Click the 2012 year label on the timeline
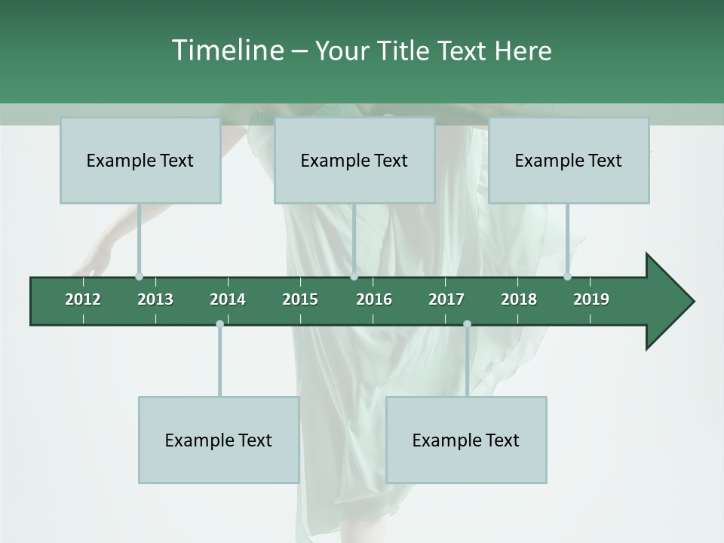click(83, 299)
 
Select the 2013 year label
click(155, 299)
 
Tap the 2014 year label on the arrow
click(228, 299)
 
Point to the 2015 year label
click(300, 299)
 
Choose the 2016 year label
click(374, 299)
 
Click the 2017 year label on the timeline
click(446, 299)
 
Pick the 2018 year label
click(519, 299)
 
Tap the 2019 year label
click(591, 299)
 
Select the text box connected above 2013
click(140, 160)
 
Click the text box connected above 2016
click(354, 160)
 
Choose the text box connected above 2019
click(569, 160)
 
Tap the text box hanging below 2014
click(219, 440)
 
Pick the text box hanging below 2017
click(466, 440)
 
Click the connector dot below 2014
click(219, 324)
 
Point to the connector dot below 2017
click(467, 324)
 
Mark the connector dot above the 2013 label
click(139, 276)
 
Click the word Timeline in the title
click(226, 51)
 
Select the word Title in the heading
click(404, 51)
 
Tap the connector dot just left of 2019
click(567, 276)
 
